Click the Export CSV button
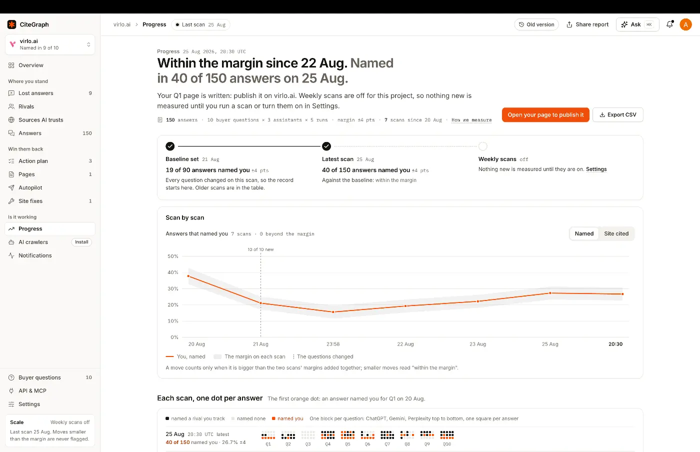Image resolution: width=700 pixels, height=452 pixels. point(618,114)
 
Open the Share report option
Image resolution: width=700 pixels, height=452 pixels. point(587,24)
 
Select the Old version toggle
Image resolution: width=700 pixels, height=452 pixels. point(536,24)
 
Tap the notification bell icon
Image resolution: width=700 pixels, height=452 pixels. point(669,24)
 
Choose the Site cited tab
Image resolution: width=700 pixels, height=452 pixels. point(616,233)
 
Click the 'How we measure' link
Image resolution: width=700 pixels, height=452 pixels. point(471,120)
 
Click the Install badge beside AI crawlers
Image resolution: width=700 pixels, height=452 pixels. point(81,242)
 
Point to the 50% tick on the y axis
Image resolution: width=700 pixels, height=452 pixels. point(173,256)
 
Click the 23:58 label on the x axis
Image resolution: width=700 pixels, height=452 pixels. point(333,344)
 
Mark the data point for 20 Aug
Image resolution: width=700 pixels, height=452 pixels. point(188,276)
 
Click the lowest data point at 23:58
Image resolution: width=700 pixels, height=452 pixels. point(333,312)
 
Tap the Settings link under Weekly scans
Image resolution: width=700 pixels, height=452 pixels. point(596,169)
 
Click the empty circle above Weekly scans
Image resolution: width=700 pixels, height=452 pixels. point(483,146)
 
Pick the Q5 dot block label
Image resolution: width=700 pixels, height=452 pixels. point(347,444)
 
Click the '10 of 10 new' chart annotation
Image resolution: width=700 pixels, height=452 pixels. point(260,249)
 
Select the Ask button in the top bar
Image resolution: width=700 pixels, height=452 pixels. point(637,24)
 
